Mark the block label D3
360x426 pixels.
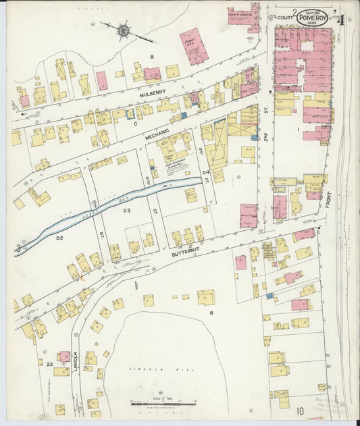(126, 211)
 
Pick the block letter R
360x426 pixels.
(211, 313)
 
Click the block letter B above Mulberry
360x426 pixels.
(153, 56)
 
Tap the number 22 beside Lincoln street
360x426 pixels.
(49, 364)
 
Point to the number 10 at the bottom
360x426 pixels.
(299, 409)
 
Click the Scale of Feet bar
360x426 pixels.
(163, 405)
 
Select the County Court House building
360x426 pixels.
(243, 16)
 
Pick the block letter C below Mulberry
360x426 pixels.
(135, 124)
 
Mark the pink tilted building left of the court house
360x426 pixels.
(193, 46)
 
